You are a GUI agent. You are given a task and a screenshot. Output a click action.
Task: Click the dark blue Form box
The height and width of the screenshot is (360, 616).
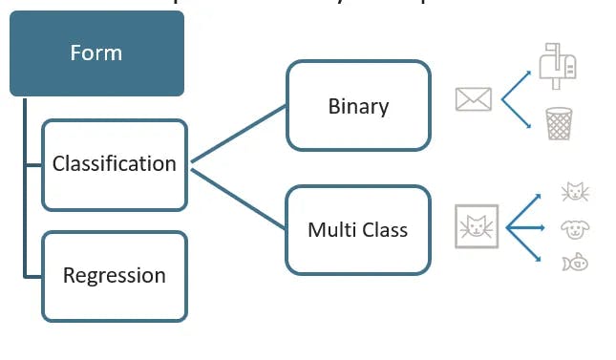(x=96, y=53)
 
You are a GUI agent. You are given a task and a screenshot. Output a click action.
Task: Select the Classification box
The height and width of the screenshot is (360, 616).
(x=115, y=164)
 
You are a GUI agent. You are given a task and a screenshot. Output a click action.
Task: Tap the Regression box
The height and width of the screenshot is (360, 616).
(x=115, y=276)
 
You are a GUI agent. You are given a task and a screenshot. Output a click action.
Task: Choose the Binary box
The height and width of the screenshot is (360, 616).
(x=358, y=106)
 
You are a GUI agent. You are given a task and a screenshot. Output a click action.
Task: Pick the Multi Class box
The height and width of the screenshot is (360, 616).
(x=358, y=230)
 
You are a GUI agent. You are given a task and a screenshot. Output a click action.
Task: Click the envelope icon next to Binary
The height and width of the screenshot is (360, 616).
(x=474, y=98)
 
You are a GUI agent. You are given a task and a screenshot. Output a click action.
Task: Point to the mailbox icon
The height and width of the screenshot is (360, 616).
(x=558, y=65)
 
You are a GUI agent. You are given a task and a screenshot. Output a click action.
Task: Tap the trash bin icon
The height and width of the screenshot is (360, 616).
(x=559, y=123)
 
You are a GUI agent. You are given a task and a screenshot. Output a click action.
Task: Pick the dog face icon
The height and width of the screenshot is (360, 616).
(x=575, y=229)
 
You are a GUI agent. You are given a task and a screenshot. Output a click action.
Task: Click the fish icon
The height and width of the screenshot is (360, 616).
(x=575, y=261)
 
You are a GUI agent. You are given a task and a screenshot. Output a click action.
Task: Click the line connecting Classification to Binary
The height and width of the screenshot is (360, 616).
(x=239, y=135)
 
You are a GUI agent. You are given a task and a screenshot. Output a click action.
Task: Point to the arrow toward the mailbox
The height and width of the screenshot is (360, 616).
(x=517, y=82)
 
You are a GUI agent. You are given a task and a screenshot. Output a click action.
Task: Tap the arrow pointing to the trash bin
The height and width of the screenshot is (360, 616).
(x=517, y=114)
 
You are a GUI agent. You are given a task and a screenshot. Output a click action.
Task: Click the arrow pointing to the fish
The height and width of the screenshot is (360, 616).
(x=525, y=244)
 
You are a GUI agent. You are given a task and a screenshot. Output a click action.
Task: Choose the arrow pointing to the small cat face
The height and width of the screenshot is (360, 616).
(x=525, y=210)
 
